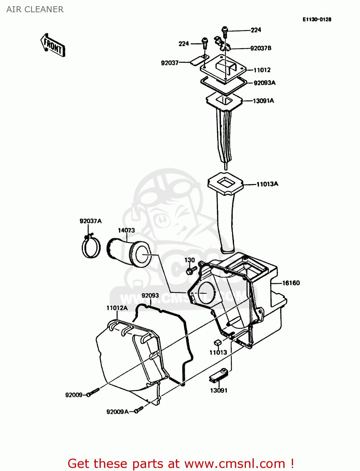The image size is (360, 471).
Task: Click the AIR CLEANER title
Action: tap(35, 9)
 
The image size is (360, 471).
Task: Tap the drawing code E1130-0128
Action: tap(317, 19)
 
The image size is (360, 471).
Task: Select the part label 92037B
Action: tap(261, 48)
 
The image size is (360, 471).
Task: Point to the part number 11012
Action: tap(262, 70)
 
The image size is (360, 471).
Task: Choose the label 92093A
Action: tap(265, 83)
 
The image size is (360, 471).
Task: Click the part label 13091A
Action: tap(263, 101)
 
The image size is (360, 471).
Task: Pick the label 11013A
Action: tap(267, 184)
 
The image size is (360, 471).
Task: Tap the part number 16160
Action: tap(291, 283)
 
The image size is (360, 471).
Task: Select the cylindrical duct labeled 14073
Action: tap(129, 253)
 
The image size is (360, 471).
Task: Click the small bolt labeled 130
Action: tap(191, 270)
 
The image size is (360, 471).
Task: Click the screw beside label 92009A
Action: tap(139, 410)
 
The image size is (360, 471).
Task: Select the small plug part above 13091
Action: tap(218, 375)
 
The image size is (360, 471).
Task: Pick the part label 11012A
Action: tap(117, 308)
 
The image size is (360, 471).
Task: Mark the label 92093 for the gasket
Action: tap(150, 296)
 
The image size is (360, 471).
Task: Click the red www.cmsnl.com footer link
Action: tap(234, 463)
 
